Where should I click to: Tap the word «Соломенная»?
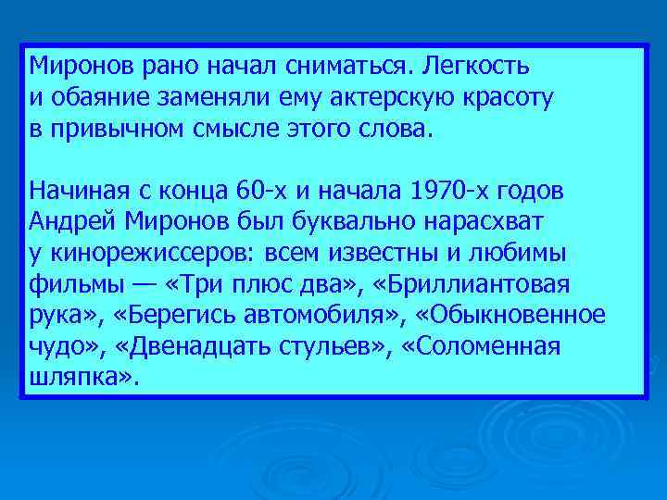(484, 347)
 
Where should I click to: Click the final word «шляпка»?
(80, 378)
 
